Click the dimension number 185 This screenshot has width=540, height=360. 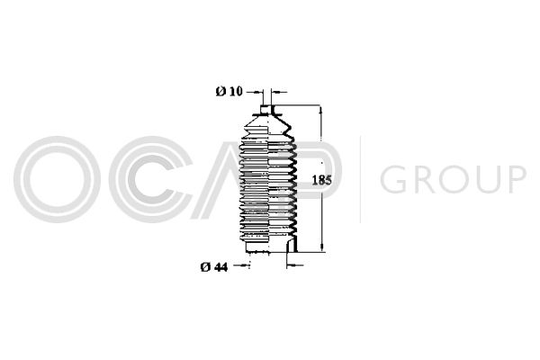(x=321, y=180)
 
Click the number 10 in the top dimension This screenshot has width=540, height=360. (x=236, y=91)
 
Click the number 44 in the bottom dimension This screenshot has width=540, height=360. (x=220, y=266)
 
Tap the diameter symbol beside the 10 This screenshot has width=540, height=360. (x=220, y=91)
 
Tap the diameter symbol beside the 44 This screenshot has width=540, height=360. (x=205, y=266)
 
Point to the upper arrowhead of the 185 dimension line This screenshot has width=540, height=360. (x=321, y=110)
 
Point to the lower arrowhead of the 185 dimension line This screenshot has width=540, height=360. (x=321, y=247)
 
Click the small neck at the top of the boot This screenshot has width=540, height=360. (x=267, y=110)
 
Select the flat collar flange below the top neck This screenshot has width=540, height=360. (x=267, y=114)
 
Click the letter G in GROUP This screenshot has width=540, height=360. (x=395, y=179)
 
